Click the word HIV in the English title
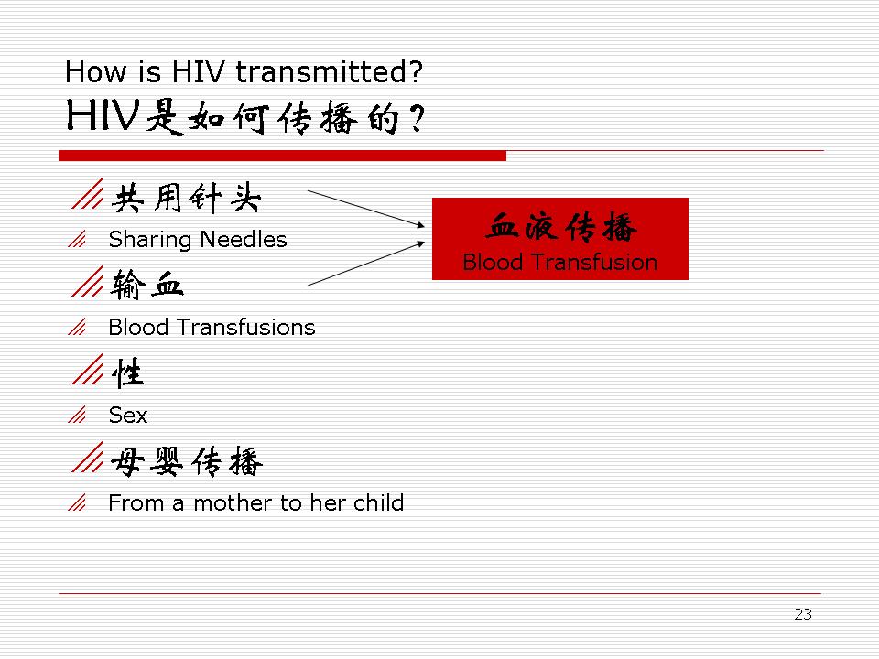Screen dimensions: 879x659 pos(198,71)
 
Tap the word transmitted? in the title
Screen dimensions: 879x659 pos(329,71)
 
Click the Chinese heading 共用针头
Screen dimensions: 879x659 pos(187,198)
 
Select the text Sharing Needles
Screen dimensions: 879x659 pos(198,240)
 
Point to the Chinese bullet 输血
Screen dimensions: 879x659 pos(146,285)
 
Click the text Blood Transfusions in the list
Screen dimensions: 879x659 pos(212,328)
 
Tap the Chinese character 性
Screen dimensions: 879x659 pos(128,373)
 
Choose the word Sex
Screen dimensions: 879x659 pos(128,416)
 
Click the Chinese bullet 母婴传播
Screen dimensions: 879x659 pos(187,461)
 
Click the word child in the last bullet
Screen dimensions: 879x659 pos(378,502)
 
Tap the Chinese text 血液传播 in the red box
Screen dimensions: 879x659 pos(560,227)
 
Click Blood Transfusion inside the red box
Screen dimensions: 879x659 pos(560,263)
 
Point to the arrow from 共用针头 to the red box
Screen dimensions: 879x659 pos(366,209)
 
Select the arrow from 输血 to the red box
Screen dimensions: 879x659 pos(366,264)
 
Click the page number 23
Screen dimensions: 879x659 pos(803,614)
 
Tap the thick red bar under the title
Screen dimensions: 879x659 pos(283,156)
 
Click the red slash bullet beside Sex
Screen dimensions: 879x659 pos(77,415)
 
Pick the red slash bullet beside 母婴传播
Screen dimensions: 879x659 pos(88,457)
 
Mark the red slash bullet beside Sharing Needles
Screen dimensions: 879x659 pos(77,239)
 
